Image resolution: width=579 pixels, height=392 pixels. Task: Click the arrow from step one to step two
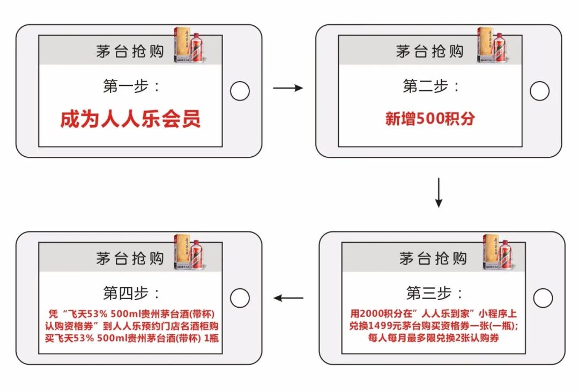pos(288,88)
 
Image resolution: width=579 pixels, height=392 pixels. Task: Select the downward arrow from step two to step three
pos(439,192)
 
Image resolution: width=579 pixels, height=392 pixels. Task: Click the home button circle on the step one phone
pos(240,91)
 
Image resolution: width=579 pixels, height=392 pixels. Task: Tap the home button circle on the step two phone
pos(539,91)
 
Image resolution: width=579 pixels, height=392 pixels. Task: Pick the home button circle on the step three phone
pos(543,297)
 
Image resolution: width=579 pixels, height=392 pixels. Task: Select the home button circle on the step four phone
pos(240,297)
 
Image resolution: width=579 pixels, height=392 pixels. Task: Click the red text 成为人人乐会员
pos(130,119)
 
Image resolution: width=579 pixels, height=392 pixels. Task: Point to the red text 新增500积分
pos(430,119)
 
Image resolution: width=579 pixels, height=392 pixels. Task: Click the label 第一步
pos(130,86)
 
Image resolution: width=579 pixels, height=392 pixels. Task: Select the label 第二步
pos(430,86)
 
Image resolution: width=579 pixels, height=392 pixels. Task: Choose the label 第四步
pos(130,293)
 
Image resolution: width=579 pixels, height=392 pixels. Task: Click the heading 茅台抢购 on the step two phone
pos(429,52)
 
